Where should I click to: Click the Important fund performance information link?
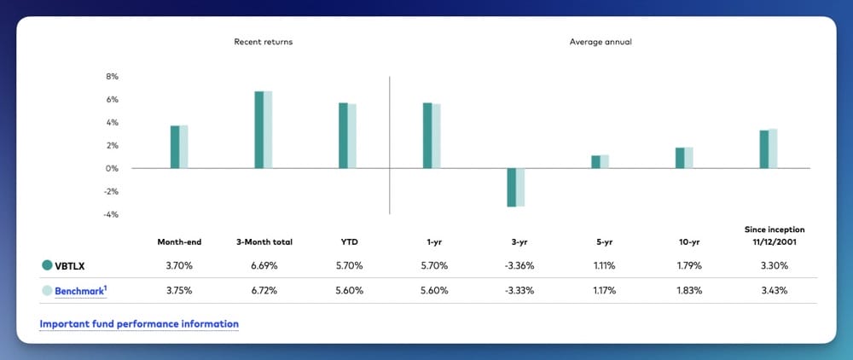(139, 324)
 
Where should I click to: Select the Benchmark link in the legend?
(80, 291)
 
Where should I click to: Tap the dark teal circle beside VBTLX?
(47, 266)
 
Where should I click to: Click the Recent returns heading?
(264, 42)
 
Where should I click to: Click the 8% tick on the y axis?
(112, 77)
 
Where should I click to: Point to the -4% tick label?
(111, 215)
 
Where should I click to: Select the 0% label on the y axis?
(112, 169)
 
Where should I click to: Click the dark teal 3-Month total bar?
(259, 130)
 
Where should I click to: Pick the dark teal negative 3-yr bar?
(512, 188)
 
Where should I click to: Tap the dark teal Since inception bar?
(764, 149)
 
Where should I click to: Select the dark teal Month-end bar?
(175, 147)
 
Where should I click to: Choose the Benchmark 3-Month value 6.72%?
(264, 291)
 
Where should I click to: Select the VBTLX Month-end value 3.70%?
(179, 266)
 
